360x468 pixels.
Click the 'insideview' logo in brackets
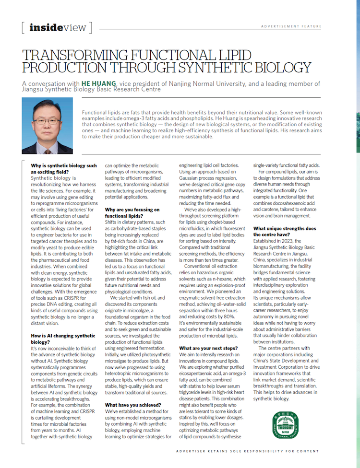(x=57, y=27)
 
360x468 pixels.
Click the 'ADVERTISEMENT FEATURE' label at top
(x=291, y=26)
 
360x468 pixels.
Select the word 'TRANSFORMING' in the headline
(x=77, y=55)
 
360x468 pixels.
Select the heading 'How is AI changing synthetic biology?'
(x=57, y=339)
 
